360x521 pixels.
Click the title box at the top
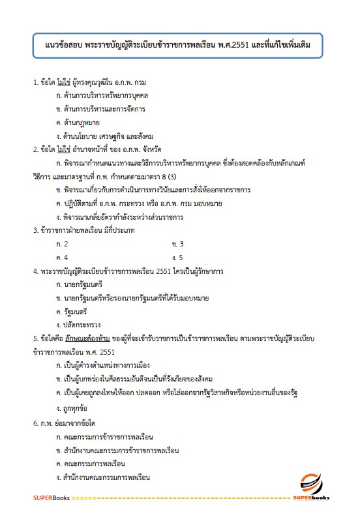coord(179,47)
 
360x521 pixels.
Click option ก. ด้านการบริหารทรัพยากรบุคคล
coord(97,96)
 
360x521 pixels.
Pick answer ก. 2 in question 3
coord(63,244)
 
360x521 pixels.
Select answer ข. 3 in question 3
coord(177,244)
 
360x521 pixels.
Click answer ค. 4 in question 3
coord(63,257)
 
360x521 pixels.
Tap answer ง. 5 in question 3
coord(177,257)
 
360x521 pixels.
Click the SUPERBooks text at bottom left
coord(51,498)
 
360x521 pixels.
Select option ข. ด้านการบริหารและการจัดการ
coord(92,109)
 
